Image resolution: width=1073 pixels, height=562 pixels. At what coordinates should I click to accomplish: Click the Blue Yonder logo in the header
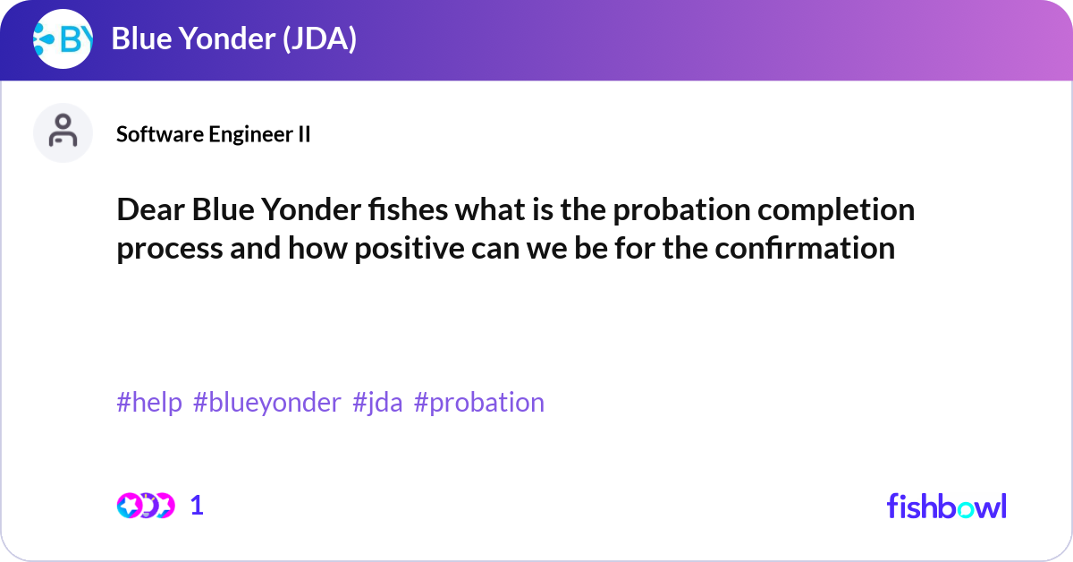click(63, 39)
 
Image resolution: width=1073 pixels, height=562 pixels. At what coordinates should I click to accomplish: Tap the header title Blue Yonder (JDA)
click(234, 39)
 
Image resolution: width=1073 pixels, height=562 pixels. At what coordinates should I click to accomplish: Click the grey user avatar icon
click(63, 132)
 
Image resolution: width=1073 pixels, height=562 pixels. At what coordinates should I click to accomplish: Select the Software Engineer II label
click(214, 134)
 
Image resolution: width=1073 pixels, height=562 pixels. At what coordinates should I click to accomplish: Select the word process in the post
click(169, 248)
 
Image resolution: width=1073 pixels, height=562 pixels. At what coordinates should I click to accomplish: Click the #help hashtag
click(149, 403)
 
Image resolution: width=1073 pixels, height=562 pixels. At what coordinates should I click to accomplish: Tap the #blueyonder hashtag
click(266, 403)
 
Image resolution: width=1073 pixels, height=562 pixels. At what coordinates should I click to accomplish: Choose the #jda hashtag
click(377, 403)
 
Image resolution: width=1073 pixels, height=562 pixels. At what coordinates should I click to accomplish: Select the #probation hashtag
click(479, 403)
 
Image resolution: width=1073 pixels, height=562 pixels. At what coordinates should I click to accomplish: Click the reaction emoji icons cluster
click(145, 506)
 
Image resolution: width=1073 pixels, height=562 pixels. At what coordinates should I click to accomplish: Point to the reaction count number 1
click(198, 506)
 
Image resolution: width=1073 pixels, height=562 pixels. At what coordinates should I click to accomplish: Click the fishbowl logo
click(946, 506)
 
